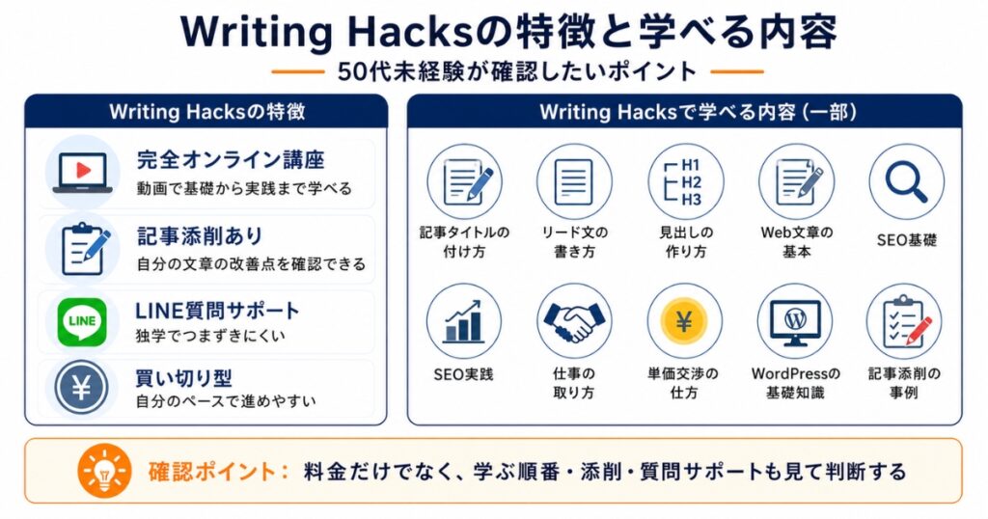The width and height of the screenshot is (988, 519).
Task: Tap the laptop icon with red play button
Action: point(83,173)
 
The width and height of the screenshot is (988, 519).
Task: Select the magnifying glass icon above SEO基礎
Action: point(906,181)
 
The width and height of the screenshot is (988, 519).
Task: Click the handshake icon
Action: point(574,321)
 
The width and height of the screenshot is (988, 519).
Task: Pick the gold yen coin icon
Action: point(684,321)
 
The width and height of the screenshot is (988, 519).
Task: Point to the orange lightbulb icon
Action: point(104,471)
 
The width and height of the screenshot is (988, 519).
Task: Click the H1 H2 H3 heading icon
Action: point(684,182)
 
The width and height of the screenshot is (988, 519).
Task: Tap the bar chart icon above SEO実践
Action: point(464,321)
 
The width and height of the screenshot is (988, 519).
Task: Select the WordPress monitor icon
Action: point(795,322)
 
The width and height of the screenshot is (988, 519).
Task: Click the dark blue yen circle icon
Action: point(82,388)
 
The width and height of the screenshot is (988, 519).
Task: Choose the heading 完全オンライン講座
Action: point(231,160)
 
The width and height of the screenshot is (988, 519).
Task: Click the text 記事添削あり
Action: point(200,236)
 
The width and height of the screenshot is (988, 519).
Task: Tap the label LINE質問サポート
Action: point(217,311)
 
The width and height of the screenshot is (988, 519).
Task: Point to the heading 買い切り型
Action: point(184,378)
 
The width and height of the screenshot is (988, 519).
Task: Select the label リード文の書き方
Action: point(574,242)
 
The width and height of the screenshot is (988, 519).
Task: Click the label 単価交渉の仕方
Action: point(684,383)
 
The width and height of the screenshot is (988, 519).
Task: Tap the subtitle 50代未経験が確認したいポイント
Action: point(517,71)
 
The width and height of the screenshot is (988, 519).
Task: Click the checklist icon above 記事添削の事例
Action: point(905,321)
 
